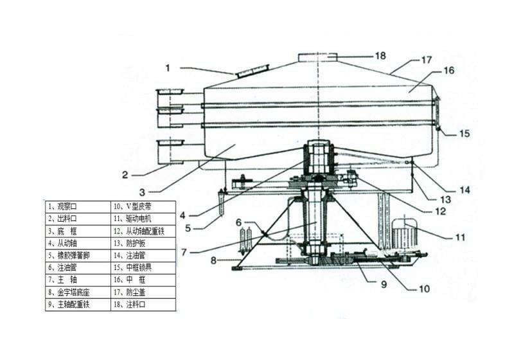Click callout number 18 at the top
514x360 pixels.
coord(380,56)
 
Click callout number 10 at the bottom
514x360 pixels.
coord(424,289)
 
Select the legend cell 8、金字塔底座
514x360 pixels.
coord(77,292)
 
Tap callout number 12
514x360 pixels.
coord(439,210)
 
